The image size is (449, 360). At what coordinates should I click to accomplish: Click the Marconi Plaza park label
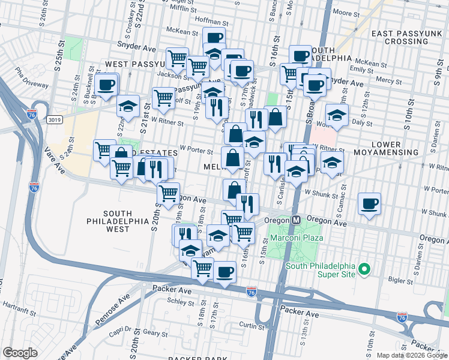297,238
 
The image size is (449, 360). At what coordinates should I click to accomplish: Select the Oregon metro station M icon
296,220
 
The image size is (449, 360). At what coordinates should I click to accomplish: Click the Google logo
20,352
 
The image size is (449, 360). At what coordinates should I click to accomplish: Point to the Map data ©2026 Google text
411,355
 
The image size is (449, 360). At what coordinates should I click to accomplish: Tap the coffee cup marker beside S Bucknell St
106,85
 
